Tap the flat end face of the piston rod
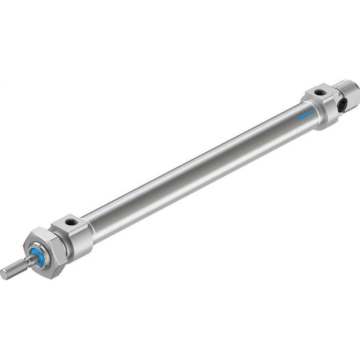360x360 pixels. click(3, 275)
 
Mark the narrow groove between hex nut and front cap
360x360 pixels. click(66, 248)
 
